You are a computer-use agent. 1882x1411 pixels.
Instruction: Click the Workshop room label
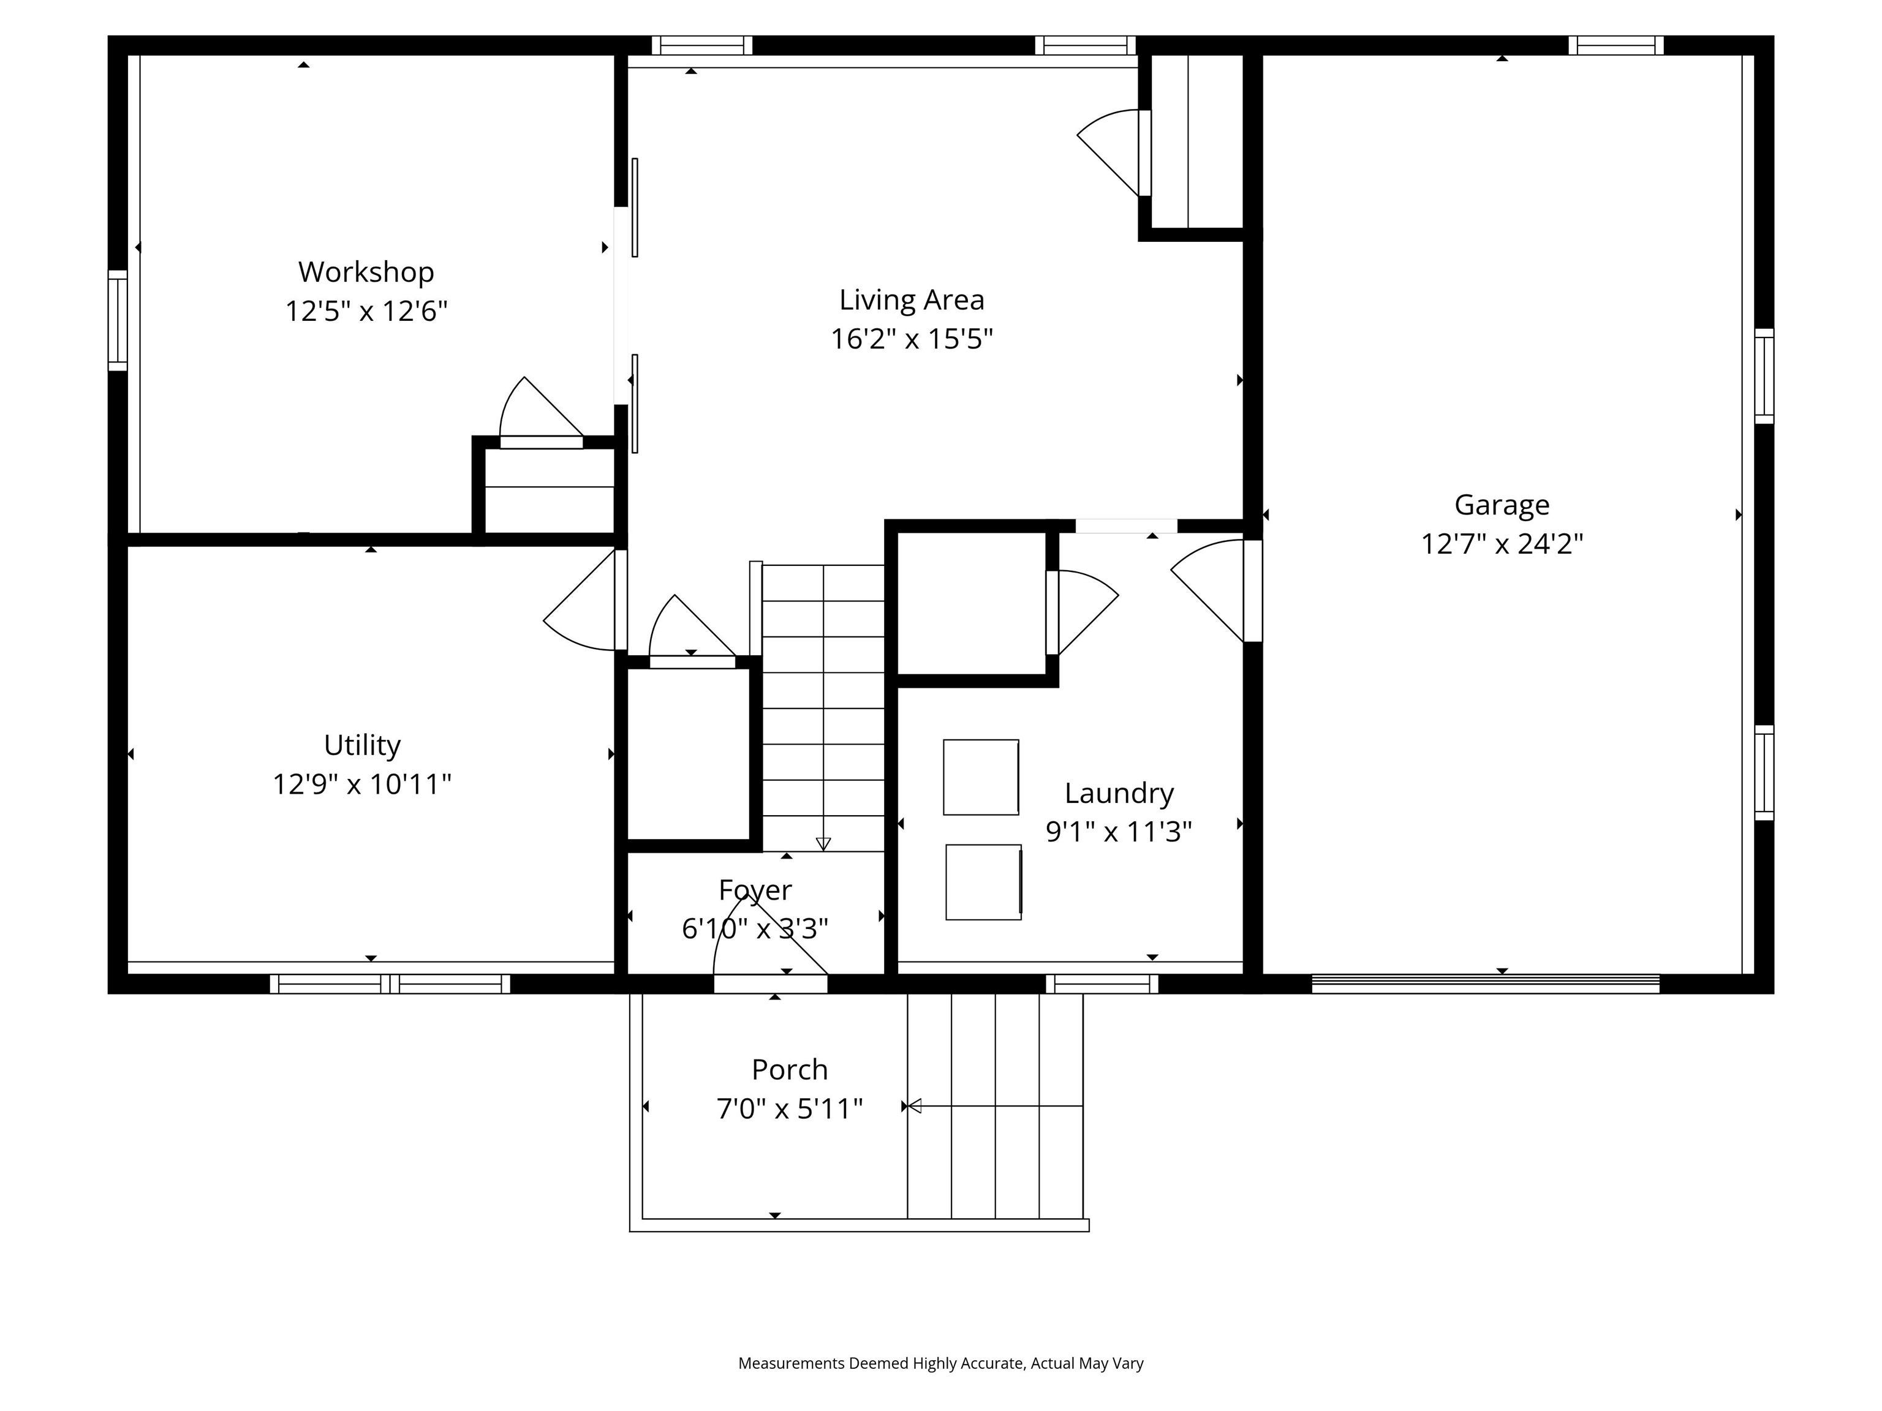366,272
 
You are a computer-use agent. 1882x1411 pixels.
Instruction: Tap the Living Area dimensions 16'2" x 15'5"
911,339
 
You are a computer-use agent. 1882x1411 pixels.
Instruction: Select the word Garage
1502,505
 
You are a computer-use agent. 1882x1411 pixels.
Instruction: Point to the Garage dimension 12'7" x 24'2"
1502,543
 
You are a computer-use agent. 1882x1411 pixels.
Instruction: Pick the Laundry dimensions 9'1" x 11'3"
1118,831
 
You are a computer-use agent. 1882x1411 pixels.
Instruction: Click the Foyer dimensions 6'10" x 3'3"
755,928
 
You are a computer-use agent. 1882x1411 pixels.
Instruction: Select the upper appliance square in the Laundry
980,777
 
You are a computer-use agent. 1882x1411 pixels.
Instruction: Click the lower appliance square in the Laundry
983,882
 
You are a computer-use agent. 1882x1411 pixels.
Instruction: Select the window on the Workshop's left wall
118,321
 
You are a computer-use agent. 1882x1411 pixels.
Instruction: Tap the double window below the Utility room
390,984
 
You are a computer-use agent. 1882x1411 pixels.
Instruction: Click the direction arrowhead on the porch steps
915,1105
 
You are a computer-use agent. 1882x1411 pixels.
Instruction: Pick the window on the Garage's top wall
1615,45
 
